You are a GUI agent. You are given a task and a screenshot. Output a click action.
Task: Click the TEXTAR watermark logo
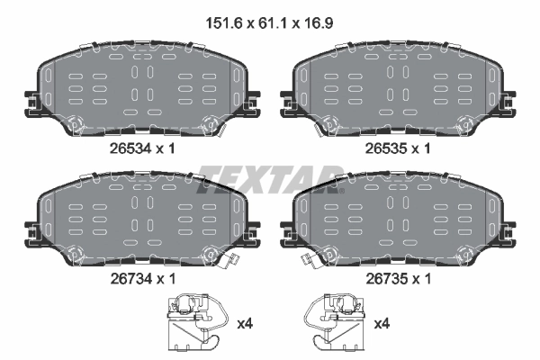point(270,175)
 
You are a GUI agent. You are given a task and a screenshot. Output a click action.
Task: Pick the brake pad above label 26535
point(398,90)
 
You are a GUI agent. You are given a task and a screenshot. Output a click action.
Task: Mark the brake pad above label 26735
point(398,220)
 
